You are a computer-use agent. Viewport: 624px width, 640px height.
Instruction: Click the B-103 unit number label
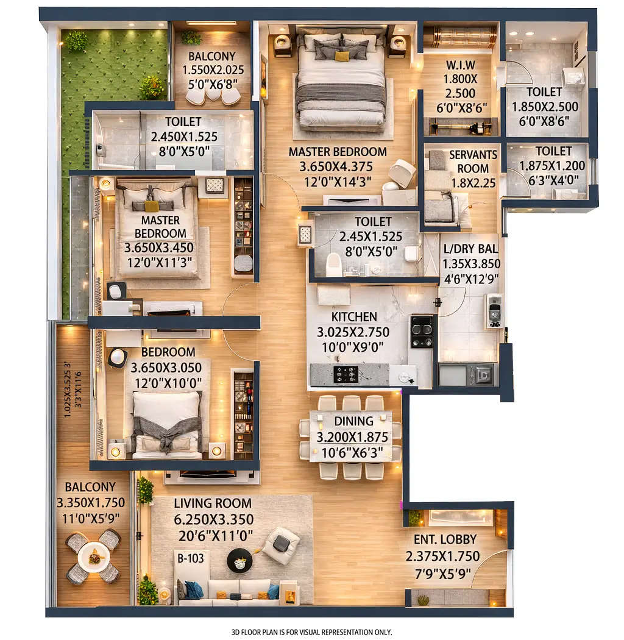click(x=190, y=558)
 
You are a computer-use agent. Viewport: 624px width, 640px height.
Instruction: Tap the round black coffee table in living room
click(x=239, y=560)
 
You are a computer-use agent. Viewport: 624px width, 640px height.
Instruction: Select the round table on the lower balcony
click(x=94, y=556)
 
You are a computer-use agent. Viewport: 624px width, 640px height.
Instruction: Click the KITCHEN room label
click(x=354, y=317)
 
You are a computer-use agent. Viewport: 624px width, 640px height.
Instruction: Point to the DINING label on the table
click(x=353, y=421)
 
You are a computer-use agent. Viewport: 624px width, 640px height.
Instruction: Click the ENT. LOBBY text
click(x=445, y=539)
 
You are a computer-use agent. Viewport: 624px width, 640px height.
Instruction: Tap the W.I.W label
click(x=460, y=64)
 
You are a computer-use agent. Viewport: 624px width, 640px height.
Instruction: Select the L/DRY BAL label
click(x=470, y=249)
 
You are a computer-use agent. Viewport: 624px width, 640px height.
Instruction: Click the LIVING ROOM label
click(x=213, y=503)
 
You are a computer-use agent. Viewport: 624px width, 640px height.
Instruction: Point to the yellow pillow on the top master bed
click(x=342, y=57)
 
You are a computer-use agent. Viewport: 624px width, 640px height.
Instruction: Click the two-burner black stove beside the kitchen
click(x=421, y=332)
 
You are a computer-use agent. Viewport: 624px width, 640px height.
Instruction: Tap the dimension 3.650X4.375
click(x=338, y=166)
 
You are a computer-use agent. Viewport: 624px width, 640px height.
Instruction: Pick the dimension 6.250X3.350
click(x=213, y=519)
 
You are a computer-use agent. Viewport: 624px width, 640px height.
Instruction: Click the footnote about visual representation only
click(x=311, y=631)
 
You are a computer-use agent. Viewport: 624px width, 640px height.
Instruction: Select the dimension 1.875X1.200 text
click(x=552, y=165)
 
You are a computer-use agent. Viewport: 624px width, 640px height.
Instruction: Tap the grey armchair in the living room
click(x=281, y=544)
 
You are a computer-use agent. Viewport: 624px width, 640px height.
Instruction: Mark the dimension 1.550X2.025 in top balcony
click(x=211, y=69)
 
